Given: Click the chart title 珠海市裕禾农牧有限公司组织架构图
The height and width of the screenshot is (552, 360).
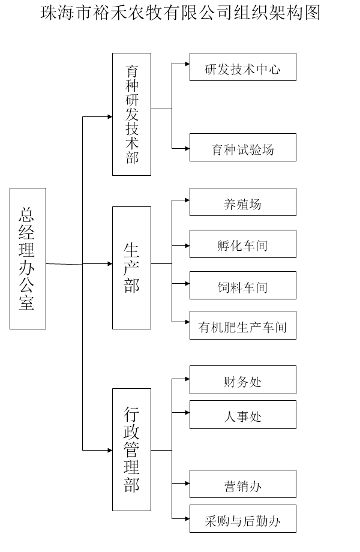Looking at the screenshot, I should [180, 13].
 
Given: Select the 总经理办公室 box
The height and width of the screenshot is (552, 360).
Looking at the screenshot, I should [28, 258].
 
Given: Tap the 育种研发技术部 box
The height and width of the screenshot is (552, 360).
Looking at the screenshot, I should [131, 114].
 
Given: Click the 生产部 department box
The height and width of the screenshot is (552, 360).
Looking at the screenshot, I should [131, 268].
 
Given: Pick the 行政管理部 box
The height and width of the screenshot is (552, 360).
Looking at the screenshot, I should [131, 449].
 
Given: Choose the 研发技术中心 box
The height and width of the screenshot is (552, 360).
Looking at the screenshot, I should [242, 67].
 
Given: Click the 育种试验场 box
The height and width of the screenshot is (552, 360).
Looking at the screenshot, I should [242, 148].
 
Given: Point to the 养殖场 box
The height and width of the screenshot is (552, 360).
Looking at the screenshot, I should [242, 202].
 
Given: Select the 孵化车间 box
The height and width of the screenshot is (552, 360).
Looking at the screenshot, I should [242, 244].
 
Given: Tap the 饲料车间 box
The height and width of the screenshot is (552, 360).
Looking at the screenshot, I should [242, 286].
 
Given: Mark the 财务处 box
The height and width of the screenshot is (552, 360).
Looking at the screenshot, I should [242, 380].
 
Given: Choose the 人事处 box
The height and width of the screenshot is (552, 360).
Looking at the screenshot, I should [242, 415].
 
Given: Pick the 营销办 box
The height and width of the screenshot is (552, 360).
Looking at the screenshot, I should [242, 484].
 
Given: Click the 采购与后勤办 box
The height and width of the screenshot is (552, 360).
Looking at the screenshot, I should [242, 519].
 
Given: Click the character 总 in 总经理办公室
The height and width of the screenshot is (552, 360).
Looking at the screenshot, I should [28, 214].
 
